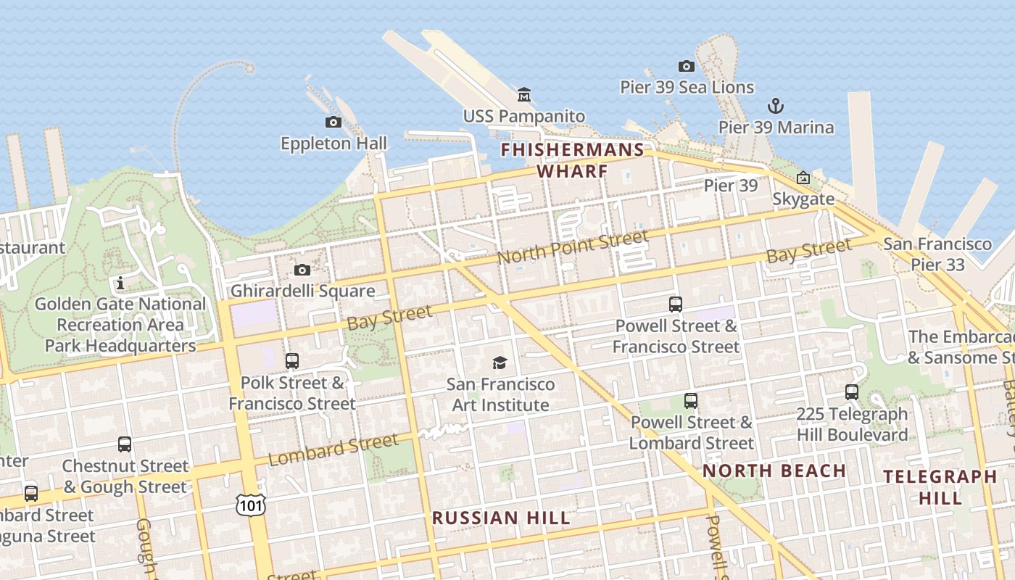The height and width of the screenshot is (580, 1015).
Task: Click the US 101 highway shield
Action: click(x=250, y=505)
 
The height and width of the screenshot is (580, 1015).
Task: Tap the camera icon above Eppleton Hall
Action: click(x=333, y=122)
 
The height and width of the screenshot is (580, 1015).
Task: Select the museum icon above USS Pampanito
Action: click(x=524, y=94)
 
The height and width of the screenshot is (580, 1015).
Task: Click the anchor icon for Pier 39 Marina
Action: click(x=776, y=106)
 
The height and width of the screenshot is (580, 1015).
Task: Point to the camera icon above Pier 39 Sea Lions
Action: click(x=687, y=66)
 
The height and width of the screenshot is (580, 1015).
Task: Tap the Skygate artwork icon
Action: click(x=803, y=178)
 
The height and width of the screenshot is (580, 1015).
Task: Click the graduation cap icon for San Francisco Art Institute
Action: click(x=500, y=362)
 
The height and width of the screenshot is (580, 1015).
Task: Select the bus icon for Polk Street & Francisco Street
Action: click(x=292, y=360)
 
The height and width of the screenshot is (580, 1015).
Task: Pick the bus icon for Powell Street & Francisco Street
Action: click(x=676, y=304)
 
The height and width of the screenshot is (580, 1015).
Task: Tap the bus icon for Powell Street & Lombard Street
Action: click(x=691, y=400)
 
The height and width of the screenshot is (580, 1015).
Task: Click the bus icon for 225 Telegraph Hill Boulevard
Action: click(x=852, y=392)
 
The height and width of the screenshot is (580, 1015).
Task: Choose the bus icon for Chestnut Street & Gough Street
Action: click(x=125, y=444)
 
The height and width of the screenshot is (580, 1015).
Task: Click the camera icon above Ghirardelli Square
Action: click(x=302, y=270)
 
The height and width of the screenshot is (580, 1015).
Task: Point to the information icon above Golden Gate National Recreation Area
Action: click(x=120, y=283)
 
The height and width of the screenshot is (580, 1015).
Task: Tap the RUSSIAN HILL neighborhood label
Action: click(x=501, y=518)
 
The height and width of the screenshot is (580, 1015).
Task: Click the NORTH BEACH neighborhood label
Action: click(x=774, y=471)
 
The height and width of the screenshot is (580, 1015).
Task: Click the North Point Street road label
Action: click(x=572, y=248)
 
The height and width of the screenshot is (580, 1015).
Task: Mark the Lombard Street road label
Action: click(x=333, y=449)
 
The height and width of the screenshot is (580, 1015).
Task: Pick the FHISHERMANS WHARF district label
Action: click(x=572, y=160)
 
